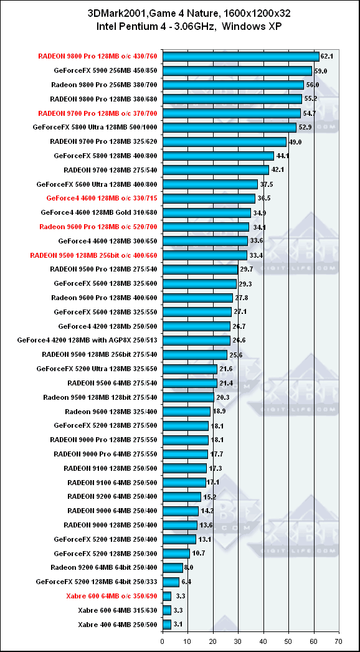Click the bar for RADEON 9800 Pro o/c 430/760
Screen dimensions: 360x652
(x=240, y=57)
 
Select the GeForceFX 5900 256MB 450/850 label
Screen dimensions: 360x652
(x=106, y=71)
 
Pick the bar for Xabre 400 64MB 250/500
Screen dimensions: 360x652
(x=167, y=624)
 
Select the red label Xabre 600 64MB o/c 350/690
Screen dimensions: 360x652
(x=111, y=596)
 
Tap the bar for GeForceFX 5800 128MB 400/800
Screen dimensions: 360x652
(x=218, y=156)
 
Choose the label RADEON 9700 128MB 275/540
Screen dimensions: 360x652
(x=111, y=169)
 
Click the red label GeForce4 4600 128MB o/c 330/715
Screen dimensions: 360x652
(x=102, y=198)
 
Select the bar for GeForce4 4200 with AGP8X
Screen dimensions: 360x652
(x=196, y=340)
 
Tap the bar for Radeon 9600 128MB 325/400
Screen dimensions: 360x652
(x=187, y=411)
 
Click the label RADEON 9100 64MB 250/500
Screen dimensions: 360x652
(x=113, y=483)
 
